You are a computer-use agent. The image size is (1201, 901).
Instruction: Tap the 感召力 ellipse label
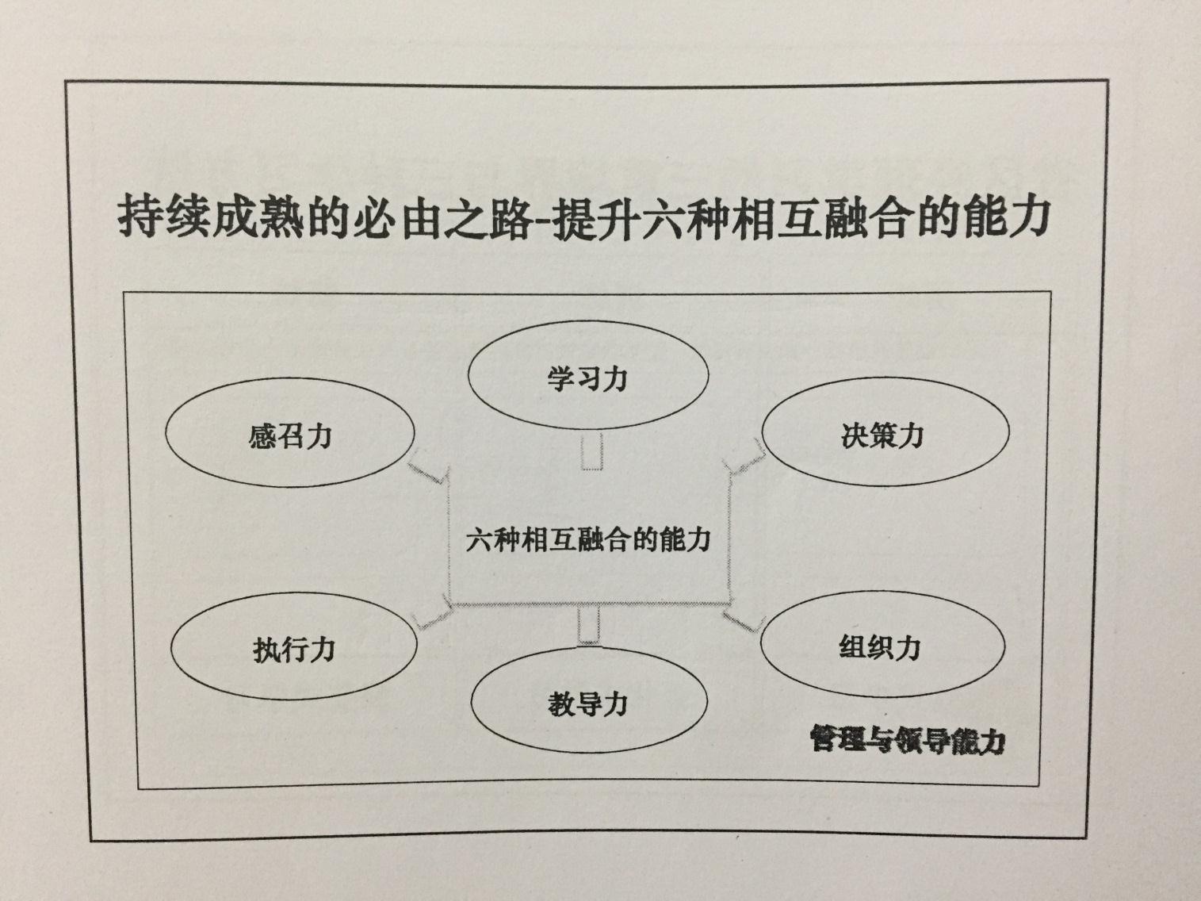click(290, 437)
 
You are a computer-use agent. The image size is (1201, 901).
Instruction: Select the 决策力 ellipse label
click(882, 435)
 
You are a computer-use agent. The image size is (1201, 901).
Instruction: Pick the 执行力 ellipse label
click(294, 650)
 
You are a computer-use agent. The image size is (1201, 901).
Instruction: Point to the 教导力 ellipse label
click(587, 704)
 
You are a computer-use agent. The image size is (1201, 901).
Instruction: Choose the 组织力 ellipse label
click(880, 648)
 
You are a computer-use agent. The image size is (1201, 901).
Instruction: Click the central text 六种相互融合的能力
click(588, 539)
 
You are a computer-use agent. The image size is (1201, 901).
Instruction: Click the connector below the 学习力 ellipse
click(592, 451)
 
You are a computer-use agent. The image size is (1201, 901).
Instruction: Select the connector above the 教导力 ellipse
click(589, 625)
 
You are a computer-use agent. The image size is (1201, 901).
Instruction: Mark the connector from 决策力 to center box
click(745, 457)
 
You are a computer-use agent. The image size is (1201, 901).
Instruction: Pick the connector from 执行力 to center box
click(433, 616)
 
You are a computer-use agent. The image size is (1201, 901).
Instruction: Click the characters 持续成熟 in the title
click(211, 218)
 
